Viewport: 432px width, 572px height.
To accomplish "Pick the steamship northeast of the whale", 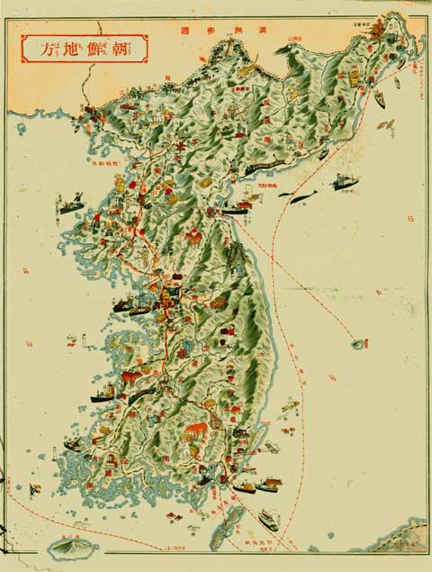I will click(x=345, y=182).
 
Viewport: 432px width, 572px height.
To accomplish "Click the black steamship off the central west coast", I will click(x=126, y=307).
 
